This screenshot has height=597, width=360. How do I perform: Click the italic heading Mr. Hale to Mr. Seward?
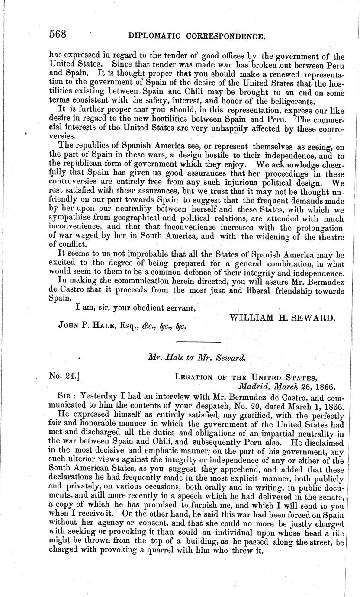click(x=197, y=358)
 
